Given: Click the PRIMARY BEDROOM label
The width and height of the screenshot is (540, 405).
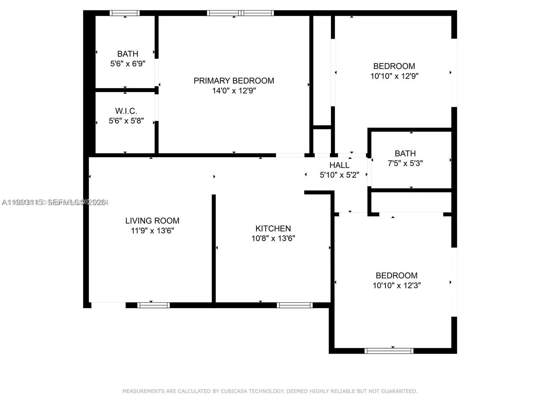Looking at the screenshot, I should [234, 81].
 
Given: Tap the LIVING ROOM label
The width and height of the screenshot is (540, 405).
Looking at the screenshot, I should [152, 221].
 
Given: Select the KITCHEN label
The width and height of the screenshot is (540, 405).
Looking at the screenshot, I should [273, 228].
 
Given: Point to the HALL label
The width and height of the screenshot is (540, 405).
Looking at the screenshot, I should [339, 165].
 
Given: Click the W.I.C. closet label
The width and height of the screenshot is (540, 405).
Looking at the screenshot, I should [126, 111].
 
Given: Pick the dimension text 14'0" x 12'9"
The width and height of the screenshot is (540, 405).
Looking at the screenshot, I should [234, 91].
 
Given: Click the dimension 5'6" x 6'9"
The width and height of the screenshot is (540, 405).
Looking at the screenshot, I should [128, 63].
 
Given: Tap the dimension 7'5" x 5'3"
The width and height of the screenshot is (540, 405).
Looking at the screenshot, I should [405, 163].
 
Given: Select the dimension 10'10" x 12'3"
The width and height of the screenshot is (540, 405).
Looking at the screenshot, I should [397, 286].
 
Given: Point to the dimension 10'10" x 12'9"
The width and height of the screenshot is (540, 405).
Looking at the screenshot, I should [394, 76].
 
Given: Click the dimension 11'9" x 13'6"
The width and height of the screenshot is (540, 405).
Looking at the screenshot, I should [152, 231].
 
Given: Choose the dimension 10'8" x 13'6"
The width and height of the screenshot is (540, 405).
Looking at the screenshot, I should [273, 238].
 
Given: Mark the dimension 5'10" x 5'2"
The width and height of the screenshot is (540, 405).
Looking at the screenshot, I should [339, 175].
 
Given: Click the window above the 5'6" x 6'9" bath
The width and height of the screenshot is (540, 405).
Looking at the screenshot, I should [125, 13].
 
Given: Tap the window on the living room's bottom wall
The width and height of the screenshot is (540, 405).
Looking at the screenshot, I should [154, 305].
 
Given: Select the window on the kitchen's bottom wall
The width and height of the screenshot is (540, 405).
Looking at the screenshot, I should [295, 305].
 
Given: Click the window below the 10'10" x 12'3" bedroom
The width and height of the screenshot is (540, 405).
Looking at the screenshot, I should [389, 351].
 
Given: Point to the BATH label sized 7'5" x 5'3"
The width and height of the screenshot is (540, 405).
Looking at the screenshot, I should [405, 154].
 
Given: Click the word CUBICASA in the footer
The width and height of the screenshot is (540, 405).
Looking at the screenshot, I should [235, 391].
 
